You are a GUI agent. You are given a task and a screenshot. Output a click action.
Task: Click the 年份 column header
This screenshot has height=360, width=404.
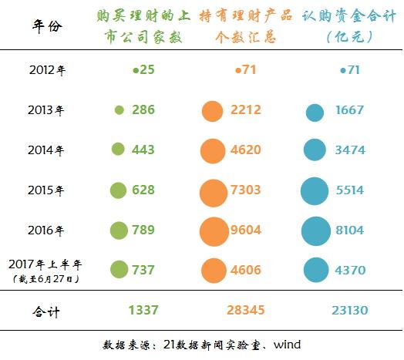click(x=47, y=25)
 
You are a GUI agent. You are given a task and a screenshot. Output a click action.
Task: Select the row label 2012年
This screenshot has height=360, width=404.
click(x=47, y=71)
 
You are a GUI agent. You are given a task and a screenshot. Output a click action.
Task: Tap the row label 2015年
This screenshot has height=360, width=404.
click(x=47, y=190)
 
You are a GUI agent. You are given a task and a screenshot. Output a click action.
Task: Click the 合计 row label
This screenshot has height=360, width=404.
click(x=47, y=311)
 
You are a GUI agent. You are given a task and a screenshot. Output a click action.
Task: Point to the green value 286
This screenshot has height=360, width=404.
click(x=143, y=110)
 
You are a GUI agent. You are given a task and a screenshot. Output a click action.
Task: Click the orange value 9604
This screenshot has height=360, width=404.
click(x=246, y=230)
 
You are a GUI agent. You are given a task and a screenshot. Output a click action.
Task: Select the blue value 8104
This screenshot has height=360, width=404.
click(x=351, y=230)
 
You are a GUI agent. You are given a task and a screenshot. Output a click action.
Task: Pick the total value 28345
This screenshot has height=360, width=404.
click(x=246, y=311)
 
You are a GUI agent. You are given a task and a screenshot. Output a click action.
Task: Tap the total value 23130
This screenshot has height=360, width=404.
click(x=351, y=311)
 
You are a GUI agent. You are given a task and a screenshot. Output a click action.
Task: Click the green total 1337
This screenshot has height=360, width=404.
click(x=143, y=311)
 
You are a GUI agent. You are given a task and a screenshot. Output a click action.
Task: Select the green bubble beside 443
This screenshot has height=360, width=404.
click(x=119, y=150)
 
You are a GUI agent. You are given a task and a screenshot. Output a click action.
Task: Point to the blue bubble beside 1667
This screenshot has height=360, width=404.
click(x=314, y=112)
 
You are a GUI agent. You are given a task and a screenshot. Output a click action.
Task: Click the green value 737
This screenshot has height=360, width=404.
click(x=143, y=270)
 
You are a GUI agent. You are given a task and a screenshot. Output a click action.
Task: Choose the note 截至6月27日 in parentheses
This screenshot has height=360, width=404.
click(x=47, y=278)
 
